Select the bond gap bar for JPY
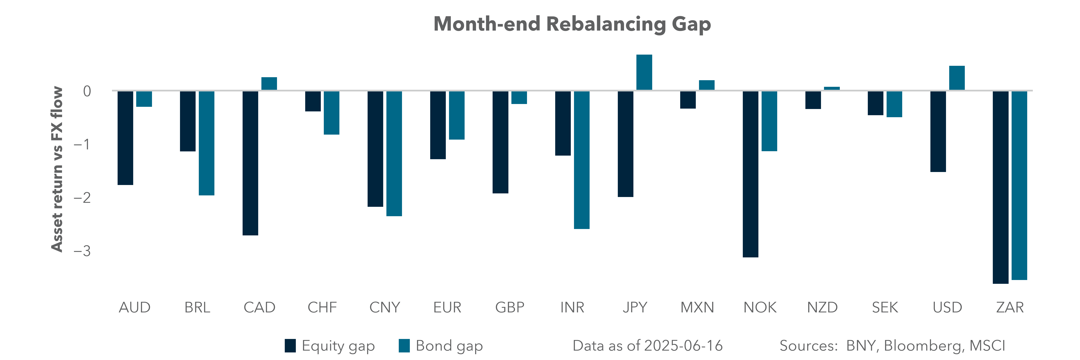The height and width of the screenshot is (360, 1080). pos(644,72)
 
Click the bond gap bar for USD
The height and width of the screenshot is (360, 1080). pos(957,78)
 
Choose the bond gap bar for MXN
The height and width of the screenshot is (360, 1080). pos(706,85)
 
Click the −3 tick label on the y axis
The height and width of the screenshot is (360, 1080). pos(82,251)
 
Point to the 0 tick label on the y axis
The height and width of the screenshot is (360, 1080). pos(87,91)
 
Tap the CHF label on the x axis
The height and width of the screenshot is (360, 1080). pos(322,308)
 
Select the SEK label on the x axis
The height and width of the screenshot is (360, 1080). pos(885,308)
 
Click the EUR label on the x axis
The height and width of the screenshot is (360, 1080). pos(447,308)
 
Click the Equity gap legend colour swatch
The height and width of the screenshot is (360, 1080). pos(290,346)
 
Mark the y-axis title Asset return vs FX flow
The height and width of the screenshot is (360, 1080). pos(57,169)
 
